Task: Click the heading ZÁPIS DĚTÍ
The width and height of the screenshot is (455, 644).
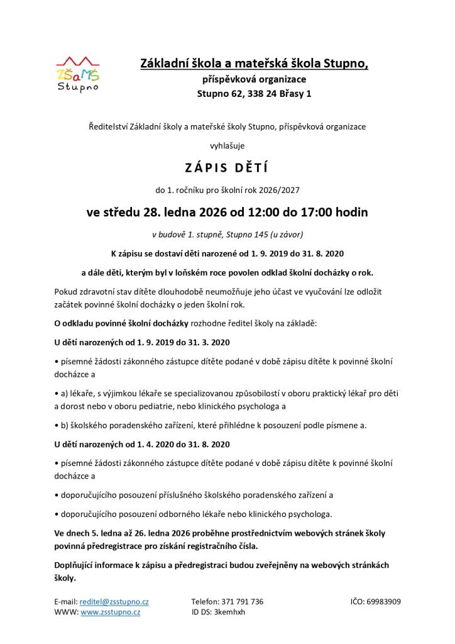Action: coord(227,168)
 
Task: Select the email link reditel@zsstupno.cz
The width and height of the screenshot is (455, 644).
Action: coord(114,601)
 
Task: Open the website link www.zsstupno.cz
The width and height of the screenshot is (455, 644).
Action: coord(110,611)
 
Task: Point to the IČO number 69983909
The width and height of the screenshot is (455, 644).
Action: coord(383,601)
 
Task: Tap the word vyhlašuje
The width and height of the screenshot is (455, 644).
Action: coord(227,146)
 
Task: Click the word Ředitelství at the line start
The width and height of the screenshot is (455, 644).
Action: coord(107,126)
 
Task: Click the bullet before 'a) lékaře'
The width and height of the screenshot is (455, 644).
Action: coord(56,393)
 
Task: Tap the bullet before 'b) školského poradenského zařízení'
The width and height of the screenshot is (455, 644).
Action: coord(56,425)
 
